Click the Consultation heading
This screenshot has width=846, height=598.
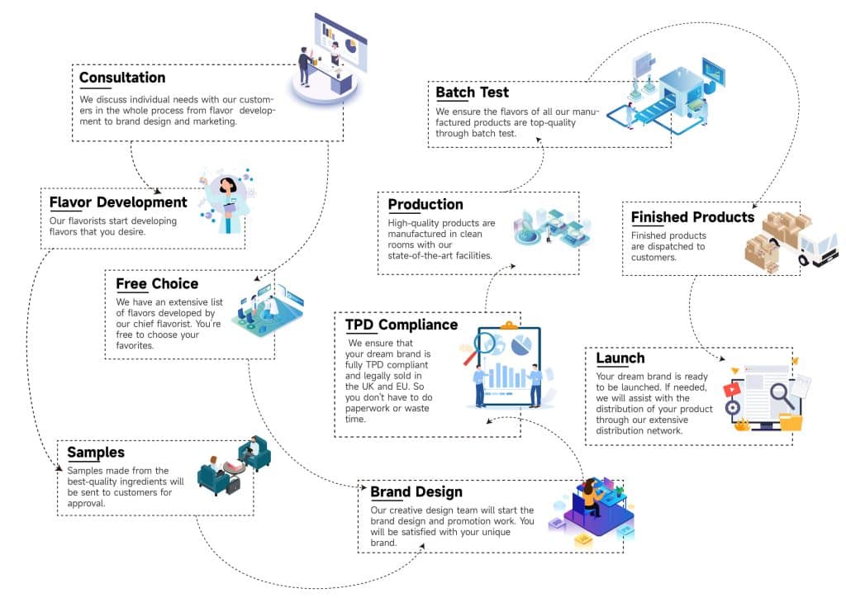[x=122, y=78]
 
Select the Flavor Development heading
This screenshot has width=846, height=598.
[x=118, y=202]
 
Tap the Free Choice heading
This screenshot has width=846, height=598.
[x=157, y=284]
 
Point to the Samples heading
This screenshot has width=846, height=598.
[x=96, y=453]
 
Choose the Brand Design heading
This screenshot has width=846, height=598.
[x=416, y=492]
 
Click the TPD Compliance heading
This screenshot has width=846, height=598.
[x=402, y=325]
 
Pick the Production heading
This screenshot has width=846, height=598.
[x=425, y=205]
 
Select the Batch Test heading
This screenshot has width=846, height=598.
[x=473, y=93]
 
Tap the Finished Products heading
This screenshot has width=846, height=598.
[x=692, y=217]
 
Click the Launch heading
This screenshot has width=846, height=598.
[x=620, y=358]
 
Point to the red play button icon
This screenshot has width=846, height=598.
[x=732, y=389]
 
